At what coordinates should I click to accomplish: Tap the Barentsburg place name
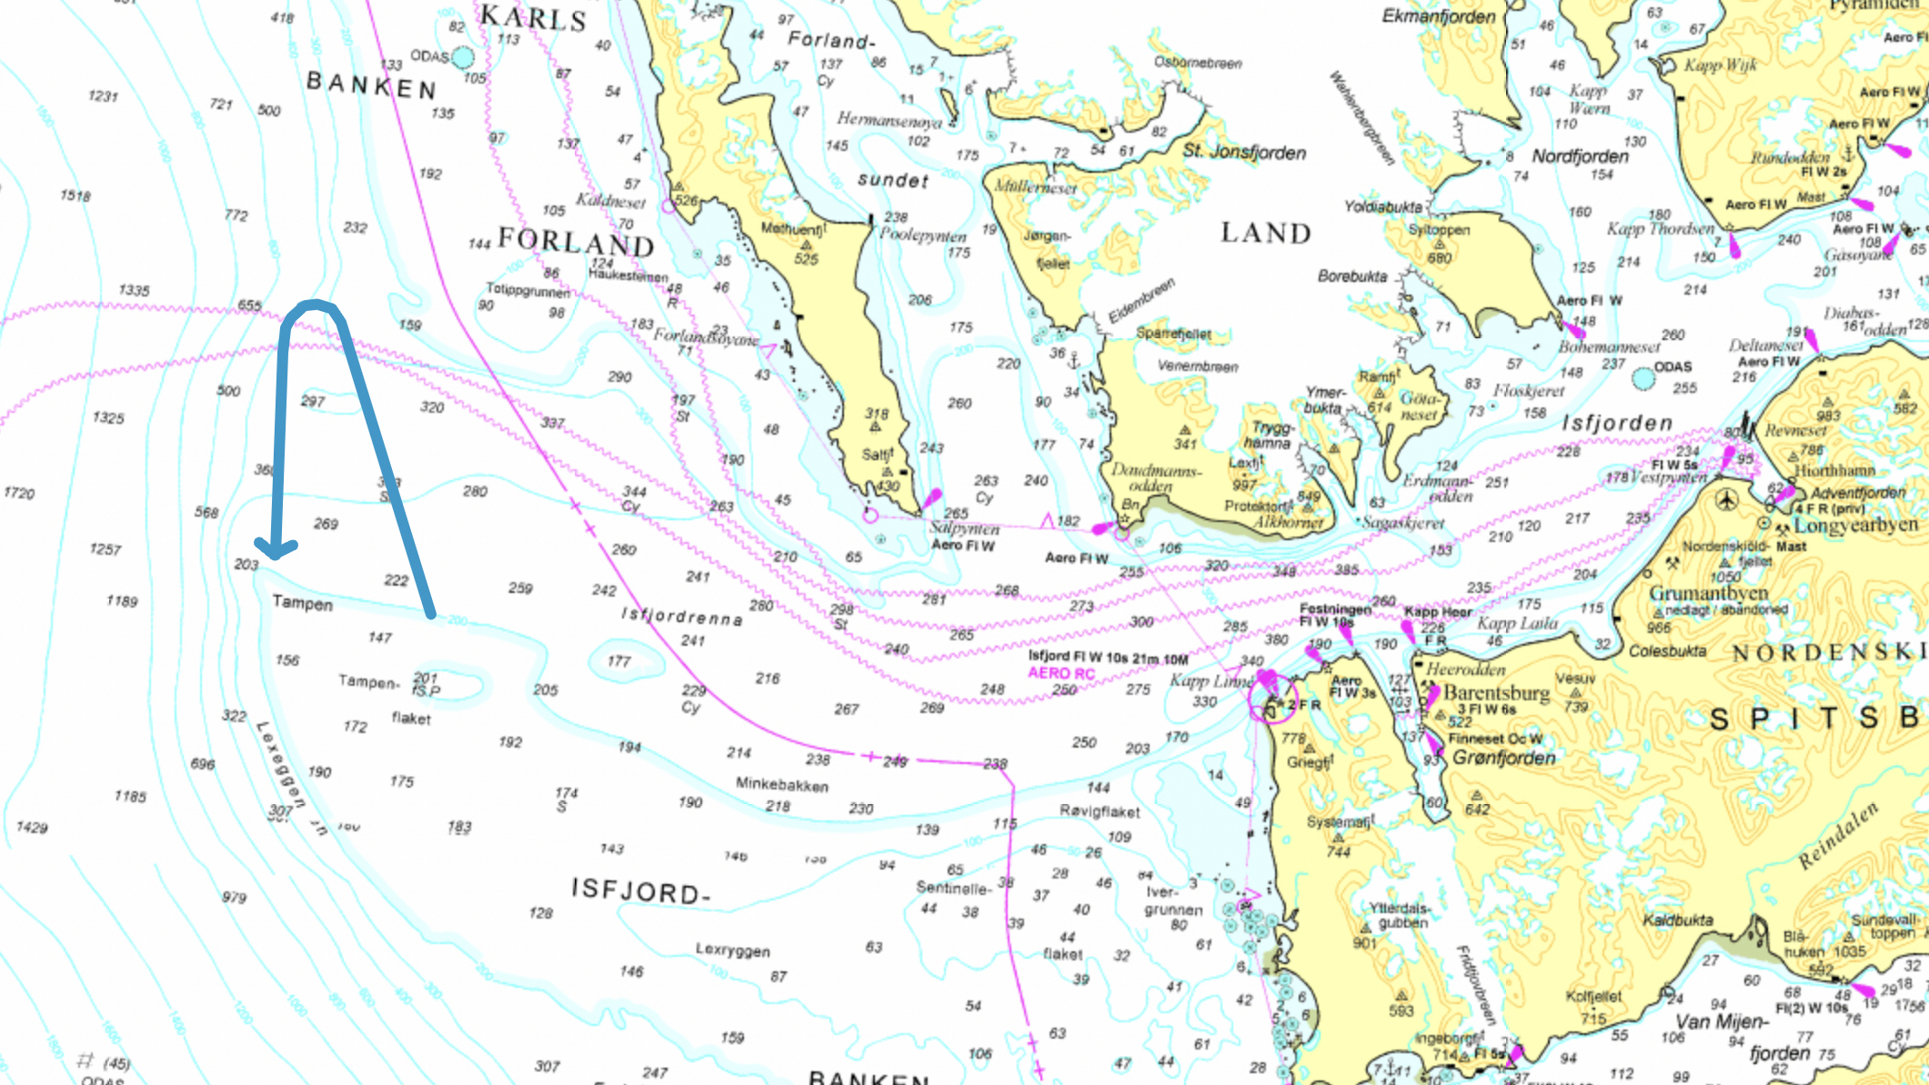pos(1496,692)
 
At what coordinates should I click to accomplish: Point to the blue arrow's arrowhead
pos(276,549)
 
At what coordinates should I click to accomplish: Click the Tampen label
pos(302,603)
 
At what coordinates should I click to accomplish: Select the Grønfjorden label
pos(1503,758)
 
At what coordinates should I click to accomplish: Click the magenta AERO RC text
pos(1060,673)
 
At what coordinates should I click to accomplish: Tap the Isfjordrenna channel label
pos(681,617)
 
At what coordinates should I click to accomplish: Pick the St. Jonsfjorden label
pos(1243,152)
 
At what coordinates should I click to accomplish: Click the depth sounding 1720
pos(19,493)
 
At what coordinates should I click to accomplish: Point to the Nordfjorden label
pos(1580,156)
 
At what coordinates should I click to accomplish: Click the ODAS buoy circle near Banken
pos(463,57)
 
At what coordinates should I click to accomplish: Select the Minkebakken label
pos(781,784)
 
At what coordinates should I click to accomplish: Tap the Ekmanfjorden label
pos(1438,16)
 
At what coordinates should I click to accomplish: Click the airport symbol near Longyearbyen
pos(1726,499)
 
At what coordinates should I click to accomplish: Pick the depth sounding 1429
pos(32,827)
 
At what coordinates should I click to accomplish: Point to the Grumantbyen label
pos(1708,593)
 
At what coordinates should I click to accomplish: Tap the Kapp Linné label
pos(1211,681)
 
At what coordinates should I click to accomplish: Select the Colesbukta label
pos(1667,651)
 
